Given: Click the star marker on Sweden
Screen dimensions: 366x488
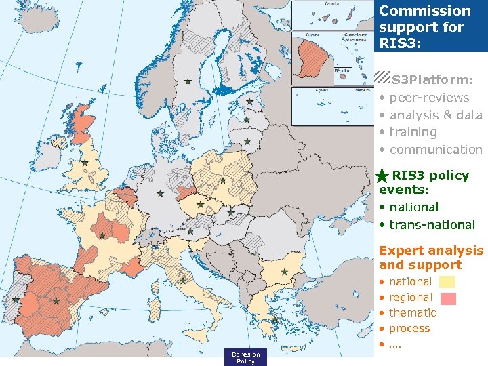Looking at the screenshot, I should tap(188, 81).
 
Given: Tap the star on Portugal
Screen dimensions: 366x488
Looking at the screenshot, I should tap(16, 300).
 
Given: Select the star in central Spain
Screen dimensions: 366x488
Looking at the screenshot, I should tap(56, 300).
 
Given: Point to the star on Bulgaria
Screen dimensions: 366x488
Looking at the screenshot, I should tap(285, 272).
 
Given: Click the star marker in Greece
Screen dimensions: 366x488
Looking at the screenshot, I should tap(274, 319).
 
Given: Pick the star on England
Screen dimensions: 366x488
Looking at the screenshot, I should tap(85, 163).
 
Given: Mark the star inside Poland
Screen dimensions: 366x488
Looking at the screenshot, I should tap(223, 180).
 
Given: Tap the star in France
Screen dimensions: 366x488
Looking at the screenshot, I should tap(102, 236).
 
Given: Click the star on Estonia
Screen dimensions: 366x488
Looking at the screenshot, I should tap(249, 102).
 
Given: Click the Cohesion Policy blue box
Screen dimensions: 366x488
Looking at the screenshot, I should tap(245, 357).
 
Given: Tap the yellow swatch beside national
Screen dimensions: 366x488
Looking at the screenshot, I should tap(447, 282).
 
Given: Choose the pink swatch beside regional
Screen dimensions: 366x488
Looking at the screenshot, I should tap(447, 298).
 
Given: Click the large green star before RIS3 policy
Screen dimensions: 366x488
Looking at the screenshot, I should tap(382, 176).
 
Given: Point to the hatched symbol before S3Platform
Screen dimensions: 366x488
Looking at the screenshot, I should tap(382, 79).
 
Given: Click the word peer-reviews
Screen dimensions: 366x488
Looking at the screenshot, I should tap(429, 98).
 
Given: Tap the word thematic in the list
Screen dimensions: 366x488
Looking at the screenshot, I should tap(413, 313).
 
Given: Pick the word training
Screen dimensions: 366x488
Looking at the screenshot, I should tap(413, 132).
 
